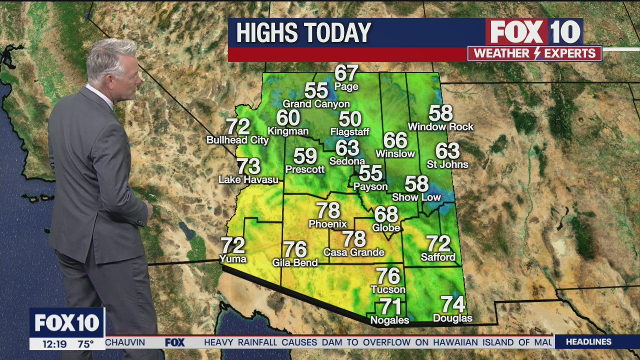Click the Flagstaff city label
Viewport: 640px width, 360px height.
349,132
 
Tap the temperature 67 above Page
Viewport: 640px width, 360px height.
346,73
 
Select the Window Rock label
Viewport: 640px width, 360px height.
440,127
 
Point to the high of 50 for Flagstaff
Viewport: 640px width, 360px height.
350,119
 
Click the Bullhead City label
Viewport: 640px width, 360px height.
237,140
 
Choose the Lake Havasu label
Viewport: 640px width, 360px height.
248,179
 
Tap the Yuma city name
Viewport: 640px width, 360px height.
233,258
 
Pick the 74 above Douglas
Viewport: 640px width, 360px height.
452,304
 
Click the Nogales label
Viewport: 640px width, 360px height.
389,320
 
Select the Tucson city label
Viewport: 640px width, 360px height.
388,289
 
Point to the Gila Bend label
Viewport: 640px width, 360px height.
295,262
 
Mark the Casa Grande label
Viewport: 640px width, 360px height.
353,252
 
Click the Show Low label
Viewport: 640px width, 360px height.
416,197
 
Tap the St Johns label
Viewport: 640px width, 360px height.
447,164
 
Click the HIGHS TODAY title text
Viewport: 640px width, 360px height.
303,33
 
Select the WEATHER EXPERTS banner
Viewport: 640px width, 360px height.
534,53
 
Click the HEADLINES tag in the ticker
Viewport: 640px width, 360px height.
588,342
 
